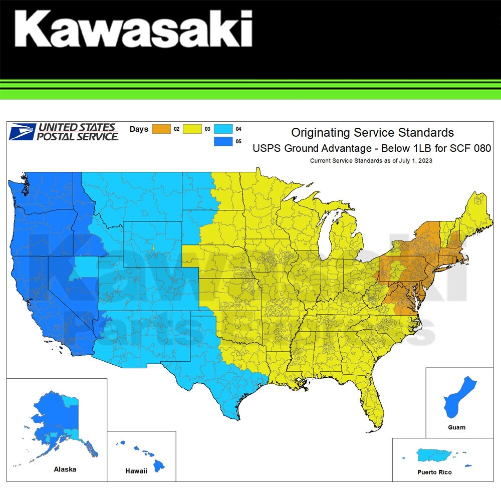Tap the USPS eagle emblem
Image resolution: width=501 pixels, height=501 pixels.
23,132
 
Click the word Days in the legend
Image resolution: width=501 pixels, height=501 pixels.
139,129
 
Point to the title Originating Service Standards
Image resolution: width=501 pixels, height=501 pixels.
372,133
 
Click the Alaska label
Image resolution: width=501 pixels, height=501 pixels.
65,469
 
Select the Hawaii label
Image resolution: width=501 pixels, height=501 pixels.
136,471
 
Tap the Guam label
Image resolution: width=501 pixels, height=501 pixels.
456,427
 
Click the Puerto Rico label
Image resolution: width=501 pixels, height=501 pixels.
434,472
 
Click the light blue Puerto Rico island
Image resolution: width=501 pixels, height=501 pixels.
435,455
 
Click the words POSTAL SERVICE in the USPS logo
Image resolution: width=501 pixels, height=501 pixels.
78,136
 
